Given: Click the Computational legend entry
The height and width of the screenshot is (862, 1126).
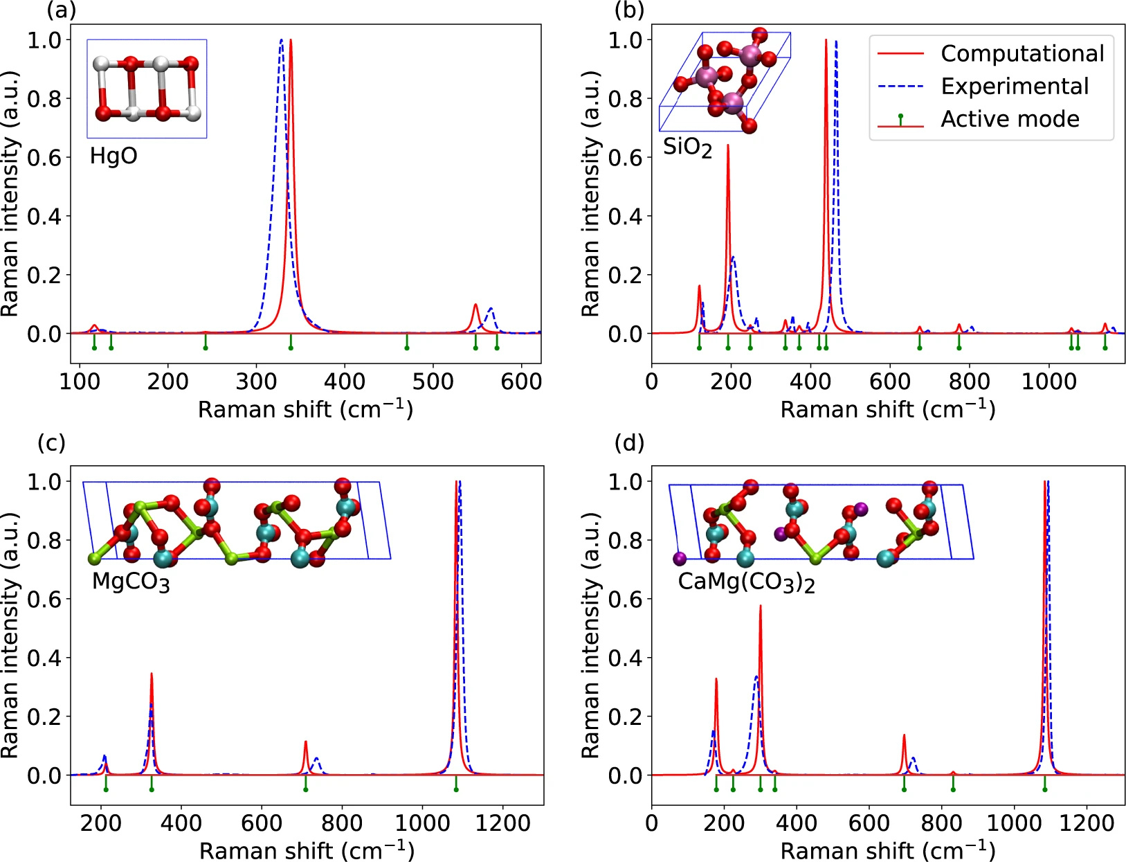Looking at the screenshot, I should tap(1021, 54).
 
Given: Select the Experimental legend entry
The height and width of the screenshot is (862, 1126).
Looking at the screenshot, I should tap(1014, 87).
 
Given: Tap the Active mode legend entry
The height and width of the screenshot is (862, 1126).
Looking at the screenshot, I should tap(1010, 119).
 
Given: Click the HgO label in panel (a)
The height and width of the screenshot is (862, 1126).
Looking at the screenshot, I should tap(113, 156).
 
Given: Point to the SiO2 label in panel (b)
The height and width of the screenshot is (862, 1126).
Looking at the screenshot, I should tap(687, 147).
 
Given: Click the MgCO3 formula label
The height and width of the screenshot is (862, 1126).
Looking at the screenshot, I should tap(130, 582).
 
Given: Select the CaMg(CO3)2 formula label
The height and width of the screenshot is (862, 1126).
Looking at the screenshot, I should tap(745, 582).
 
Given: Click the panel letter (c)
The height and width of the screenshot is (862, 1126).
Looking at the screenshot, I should tap(51, 442).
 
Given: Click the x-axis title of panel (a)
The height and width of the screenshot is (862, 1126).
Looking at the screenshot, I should tap(305, 409).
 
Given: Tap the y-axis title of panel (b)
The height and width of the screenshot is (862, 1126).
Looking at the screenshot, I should tap(590, 194).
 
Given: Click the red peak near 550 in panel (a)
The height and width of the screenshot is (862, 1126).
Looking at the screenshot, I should tap(475, 305).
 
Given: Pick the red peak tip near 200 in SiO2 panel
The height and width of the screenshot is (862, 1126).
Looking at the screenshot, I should tap(728, 145).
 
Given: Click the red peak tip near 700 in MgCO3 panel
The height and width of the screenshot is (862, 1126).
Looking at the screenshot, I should tap(305, 742).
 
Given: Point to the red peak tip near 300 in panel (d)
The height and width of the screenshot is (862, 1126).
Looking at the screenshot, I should tap(761, 606).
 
